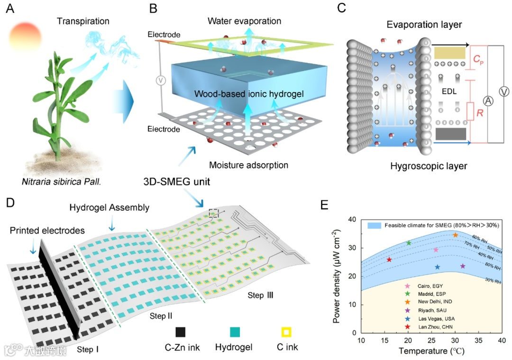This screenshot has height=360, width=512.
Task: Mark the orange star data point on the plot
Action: tap(456, 235)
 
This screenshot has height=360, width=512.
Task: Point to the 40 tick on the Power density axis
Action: tap(353, 220)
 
